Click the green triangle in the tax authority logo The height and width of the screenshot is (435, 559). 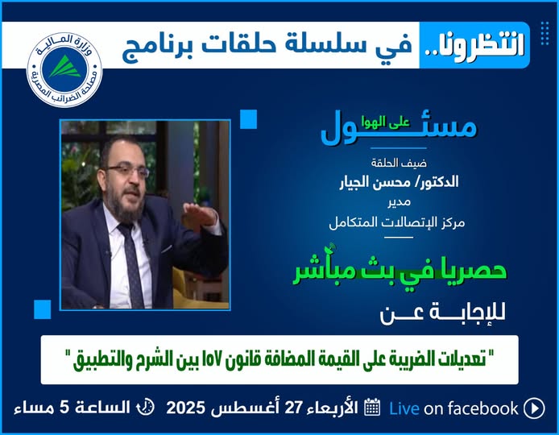click(x=65, y=67)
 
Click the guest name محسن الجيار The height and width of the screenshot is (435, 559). click(x=375, y=183)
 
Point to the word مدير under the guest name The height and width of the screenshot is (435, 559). click(x=399, y=202)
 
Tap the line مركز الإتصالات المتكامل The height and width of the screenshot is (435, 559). click(x=397, y=223)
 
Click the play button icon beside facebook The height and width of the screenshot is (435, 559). click(x=534, y=408)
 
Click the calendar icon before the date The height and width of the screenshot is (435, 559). click(x=373, y=407)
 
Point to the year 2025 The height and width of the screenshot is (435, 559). click(x=186, y=408)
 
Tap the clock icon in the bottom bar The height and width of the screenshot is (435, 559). click(x=146, y=407)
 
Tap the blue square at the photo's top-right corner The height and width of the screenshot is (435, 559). click(x=248, y=118)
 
